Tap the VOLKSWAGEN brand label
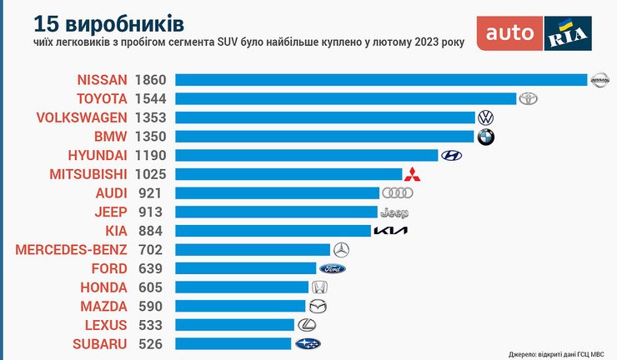tap(82, 117)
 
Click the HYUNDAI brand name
tap(98, 155)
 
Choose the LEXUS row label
tap(106, 324)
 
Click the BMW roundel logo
tap(485, 137)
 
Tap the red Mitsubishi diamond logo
tap(412, 174)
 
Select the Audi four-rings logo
tap(397, 193)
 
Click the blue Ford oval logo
tap(332, 268)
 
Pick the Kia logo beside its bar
tap(390, 230)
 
